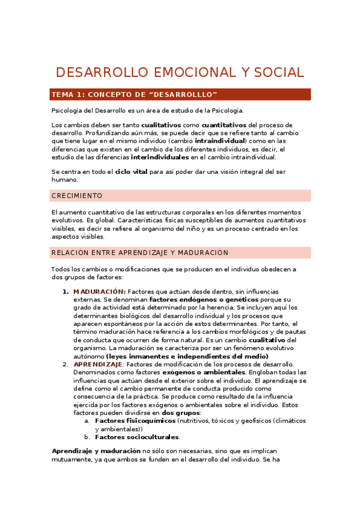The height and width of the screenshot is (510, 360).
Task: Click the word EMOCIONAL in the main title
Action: click(188, 73)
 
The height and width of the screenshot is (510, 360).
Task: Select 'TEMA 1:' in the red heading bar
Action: click(68, 95)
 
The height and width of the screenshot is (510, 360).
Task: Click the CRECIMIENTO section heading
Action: click(77, 196)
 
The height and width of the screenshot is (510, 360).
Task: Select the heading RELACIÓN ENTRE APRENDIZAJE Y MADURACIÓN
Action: click(140, 253)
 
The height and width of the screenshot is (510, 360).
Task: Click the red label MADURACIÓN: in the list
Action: click(99, 292)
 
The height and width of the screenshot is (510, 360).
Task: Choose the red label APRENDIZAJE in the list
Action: click(97, 364)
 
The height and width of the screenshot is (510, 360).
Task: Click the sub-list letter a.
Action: click(87, 421)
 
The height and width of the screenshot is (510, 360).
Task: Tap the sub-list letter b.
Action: click(87, 437)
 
